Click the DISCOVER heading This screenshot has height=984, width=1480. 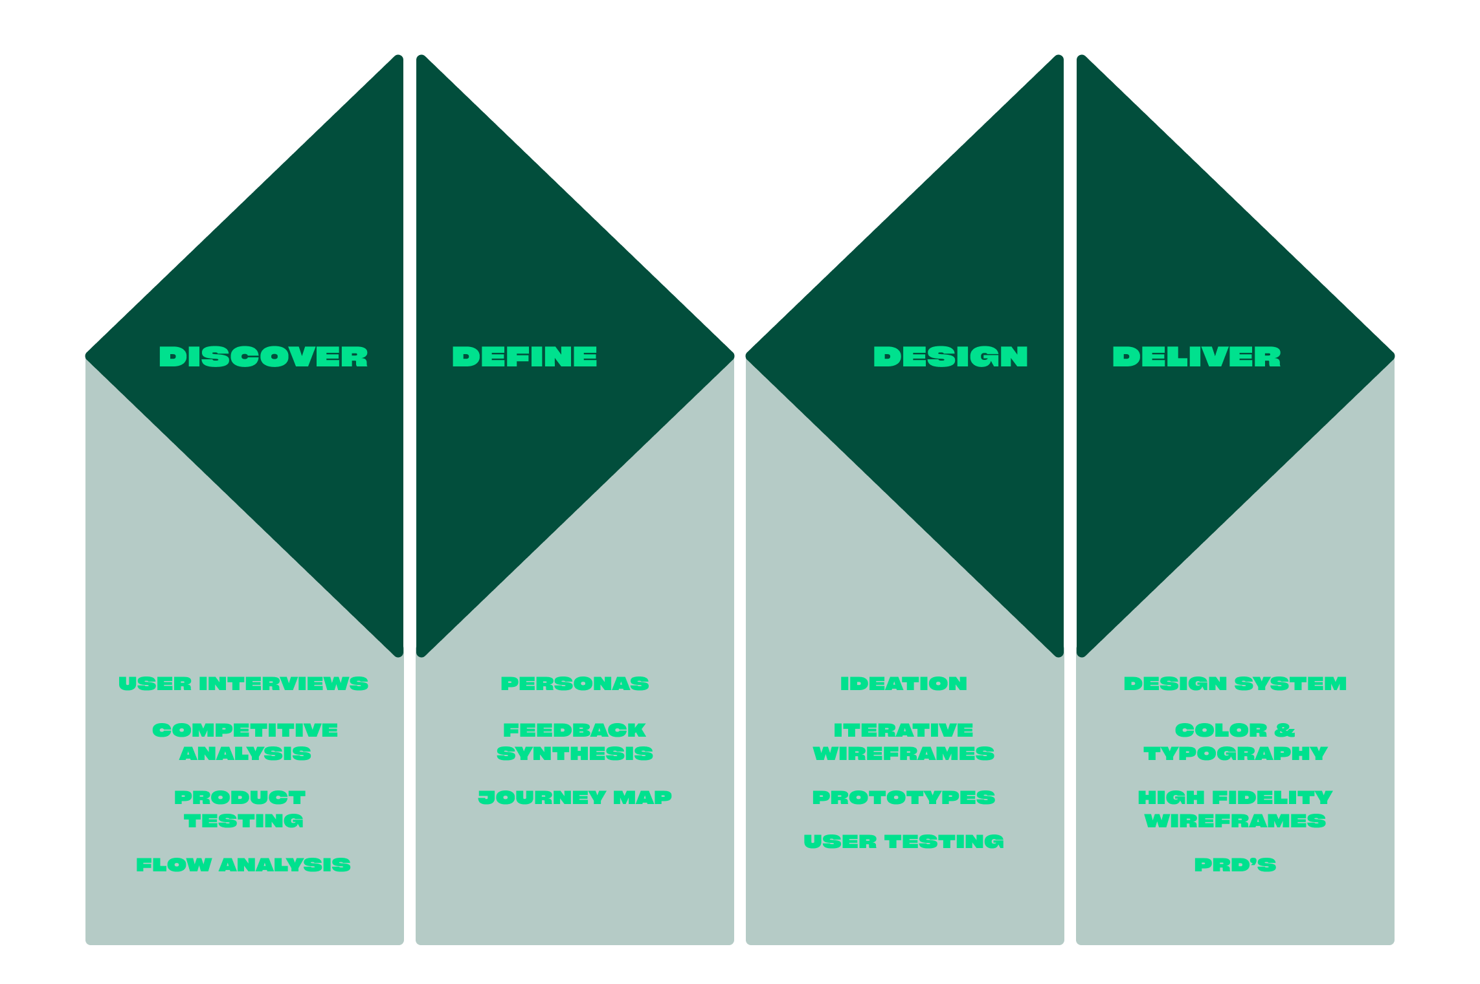click(263, 357)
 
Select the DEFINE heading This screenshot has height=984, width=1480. click(524, 357)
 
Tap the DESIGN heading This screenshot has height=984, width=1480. click(950, 357)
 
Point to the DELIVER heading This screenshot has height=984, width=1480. click(1196, 357)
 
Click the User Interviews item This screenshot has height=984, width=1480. click(243, 684)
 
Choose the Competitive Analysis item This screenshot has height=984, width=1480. click(245, 742)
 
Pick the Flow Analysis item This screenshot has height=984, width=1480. click(243, 865)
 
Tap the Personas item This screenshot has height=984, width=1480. click(575, 684)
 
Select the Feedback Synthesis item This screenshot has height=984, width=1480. click(575, 742)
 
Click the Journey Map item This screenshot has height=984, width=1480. click(575, 798)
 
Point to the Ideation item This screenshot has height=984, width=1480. click(904, 684)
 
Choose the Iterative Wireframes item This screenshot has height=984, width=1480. click(904, 742)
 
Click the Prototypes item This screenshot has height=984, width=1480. click(904, 798)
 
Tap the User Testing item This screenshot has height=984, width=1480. click(904, 842)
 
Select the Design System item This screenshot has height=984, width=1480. click(1235, 684)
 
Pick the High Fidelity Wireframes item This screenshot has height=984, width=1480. click(1235, 809)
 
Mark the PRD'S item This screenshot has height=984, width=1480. click(1235, 865)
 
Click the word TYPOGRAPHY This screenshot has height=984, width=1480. click(1235, 754)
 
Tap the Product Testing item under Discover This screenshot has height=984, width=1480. click(241, 809)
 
